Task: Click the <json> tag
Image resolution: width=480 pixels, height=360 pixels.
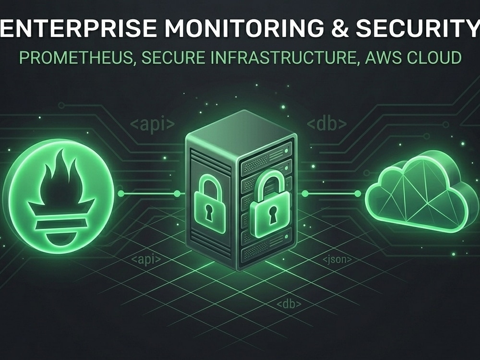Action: (337, 260)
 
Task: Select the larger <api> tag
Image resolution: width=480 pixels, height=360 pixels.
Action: (153, 125)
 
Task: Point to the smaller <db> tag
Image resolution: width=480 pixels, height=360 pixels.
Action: (289, 304)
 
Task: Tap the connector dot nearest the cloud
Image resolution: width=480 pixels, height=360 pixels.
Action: (358, 193)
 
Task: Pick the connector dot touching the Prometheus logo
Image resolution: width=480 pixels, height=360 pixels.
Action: (121, 193)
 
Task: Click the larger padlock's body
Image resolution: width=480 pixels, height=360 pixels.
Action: (269, 214)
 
